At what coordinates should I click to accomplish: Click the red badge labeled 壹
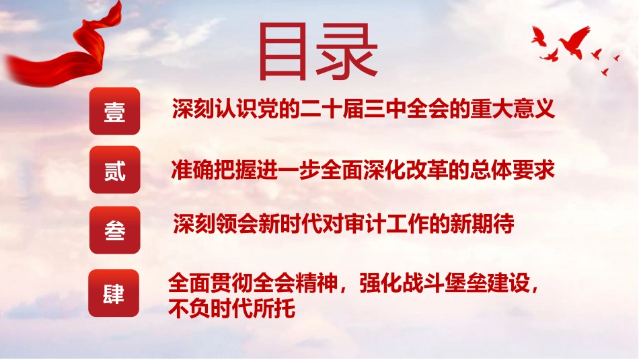pyautogui.click(x=114, y=111)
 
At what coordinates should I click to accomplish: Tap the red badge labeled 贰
pyautogui.click(x=114, y=170)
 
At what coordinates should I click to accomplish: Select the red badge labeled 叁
pyautogui.click(x=114, y=230)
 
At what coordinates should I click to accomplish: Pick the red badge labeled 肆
pyautogui.click(x=114, y=293)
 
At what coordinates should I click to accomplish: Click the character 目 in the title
pyautogui.click(x=283, y=52)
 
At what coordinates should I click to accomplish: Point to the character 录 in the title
pyautogui.click(x=346, y=51)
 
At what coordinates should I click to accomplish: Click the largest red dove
pyautogui.click(x=574, y=41)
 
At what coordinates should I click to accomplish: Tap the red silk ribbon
pyautogui.click(x=65, y=51)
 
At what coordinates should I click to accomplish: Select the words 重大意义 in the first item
pyautogui.click(x=513, y=108)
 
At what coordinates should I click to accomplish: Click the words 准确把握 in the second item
pyautogui.click(x=213, y=170)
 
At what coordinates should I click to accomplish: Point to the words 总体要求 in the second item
pyautogui.click(x=513, y=170)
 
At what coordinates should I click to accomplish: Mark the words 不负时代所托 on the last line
pyautogui.click(x=231, y=308)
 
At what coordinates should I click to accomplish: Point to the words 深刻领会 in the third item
pyautogui.click(x=215, y=223)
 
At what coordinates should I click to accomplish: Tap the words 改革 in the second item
pyautogui.click(x=426, y=170)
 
